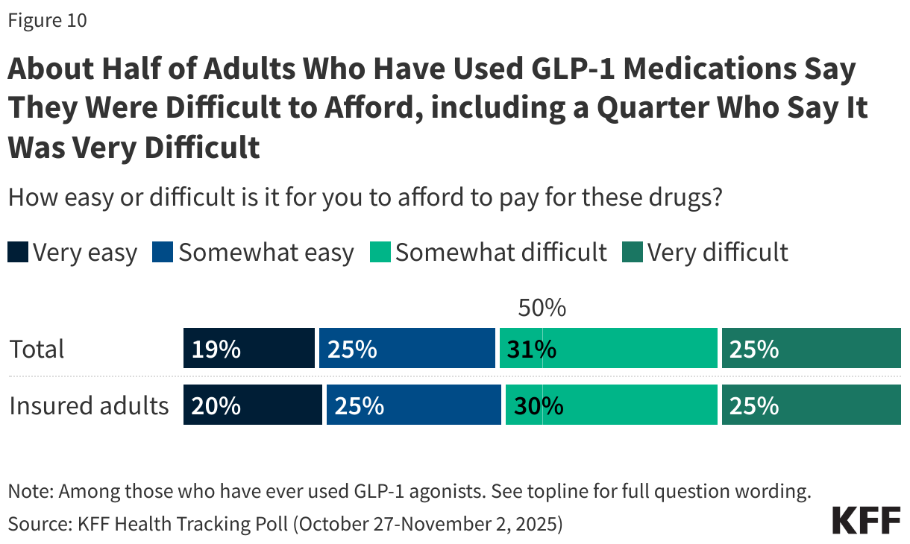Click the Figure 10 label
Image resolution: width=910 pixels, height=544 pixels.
(x=47, y=21)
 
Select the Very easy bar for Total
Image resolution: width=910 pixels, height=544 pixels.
(x=248, y=349)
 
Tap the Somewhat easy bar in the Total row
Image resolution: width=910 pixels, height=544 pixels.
(x=407, y=349)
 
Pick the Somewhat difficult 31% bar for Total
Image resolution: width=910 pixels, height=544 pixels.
(x=608, y=349)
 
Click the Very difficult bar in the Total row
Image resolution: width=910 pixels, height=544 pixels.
(x=811, y=349)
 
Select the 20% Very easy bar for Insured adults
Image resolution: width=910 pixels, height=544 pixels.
(x=252, y=405)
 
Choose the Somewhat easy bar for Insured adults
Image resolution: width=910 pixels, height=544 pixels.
(x=413, y=405)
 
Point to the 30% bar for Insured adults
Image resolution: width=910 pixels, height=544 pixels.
(x=611, y=405)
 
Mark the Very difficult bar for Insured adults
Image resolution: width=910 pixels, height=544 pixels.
(x=811, y=405)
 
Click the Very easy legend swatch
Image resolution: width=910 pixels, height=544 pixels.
(x=18, y=253)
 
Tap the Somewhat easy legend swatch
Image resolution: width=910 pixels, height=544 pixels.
(x=163, y=253)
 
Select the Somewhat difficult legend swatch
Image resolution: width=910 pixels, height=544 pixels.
(x=380, y=253)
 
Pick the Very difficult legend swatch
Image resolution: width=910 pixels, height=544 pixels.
(x=632, y=253)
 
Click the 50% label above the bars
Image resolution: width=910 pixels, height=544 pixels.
(x=542, y=308)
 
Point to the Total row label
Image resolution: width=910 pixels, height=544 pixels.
(x=37, y=349)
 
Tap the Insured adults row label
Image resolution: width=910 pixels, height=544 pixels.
(x=89, y=405)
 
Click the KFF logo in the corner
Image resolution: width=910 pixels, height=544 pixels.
(x=866, y=519)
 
